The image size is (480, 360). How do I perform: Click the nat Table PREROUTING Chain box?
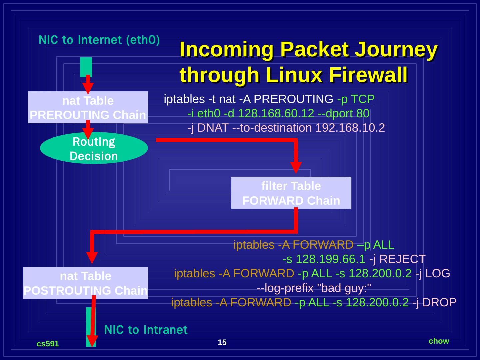coord(88,107)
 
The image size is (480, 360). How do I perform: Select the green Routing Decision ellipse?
coord(94,148)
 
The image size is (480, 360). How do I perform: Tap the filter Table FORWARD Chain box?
coord(291,193)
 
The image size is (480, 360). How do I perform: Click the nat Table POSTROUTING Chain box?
coord(85,283)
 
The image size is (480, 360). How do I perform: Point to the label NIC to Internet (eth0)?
coord(99,40)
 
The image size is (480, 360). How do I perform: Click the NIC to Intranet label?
coord(146,330)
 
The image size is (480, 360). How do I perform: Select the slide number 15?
coord(222,342)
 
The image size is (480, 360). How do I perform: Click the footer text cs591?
coord(48,344)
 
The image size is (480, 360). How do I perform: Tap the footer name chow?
coord(439,341)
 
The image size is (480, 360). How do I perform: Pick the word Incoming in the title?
coord(227,49)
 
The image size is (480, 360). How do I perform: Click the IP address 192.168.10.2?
coord(350,128)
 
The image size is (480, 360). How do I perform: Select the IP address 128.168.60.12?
coord(276,113)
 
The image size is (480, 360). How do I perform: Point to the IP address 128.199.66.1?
coord(330,259)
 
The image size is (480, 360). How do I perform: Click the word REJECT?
coord(402,259)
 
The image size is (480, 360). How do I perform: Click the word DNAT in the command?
coord(213,128)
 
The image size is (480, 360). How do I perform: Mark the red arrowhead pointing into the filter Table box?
coord(296,167)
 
